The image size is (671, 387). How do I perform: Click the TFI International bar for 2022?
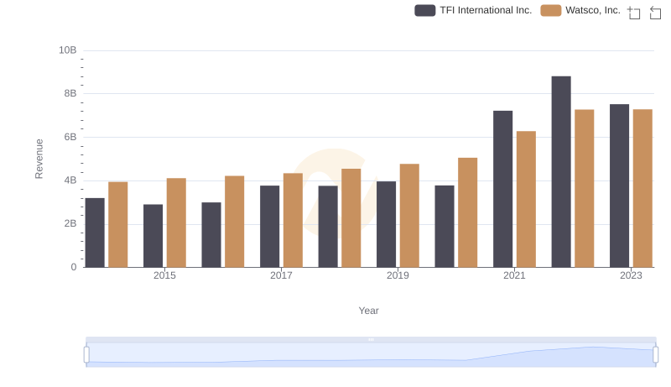pos(561,172)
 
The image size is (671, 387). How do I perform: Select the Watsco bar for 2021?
pos(526,199)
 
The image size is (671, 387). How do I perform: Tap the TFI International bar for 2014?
pos(95,233)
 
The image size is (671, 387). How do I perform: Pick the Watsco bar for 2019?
pos(409,216)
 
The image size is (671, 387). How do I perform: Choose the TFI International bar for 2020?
pos(445,227)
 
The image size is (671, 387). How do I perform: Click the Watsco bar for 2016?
pos(234,222)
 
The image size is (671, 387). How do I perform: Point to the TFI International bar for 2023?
pos(619,186)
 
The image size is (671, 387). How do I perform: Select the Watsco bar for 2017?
pos(293,220)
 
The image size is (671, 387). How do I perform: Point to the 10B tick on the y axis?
pos(68,50)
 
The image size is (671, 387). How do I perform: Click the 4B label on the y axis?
pos(68,180)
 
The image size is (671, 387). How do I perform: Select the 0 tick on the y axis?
pos(73,267)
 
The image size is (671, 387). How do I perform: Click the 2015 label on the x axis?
pos(164,275)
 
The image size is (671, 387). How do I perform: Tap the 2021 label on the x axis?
pos(514,275)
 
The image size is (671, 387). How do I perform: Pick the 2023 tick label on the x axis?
pos(631,275)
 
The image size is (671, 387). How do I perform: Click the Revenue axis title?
pos(39,159)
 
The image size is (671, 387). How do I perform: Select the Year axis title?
pos(369,311)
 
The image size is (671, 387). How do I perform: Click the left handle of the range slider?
pos(86,354)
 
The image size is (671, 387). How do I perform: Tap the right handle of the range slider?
pos(655,354)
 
